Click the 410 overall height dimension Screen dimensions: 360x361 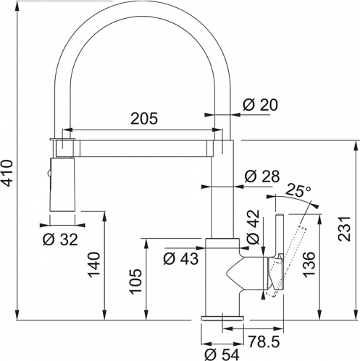point(7,173)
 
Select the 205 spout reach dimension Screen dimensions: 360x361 point(144,119)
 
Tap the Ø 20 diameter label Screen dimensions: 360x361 point(260,105)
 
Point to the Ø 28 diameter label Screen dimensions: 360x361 point(262,177)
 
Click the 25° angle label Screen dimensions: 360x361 point(298,190)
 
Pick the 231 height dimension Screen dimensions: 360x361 point(344,229)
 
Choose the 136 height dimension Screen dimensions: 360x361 point(309,265)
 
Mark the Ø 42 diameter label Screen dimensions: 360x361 point(254,227)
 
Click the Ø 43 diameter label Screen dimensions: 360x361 point(181,259)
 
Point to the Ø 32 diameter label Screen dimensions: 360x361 point(60,239)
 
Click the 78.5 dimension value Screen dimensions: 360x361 point(264,341)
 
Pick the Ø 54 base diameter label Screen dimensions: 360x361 point(222,354)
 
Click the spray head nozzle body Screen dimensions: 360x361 point(62,184)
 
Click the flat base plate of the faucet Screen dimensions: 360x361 point(222,318)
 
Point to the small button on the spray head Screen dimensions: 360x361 point(49,173)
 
